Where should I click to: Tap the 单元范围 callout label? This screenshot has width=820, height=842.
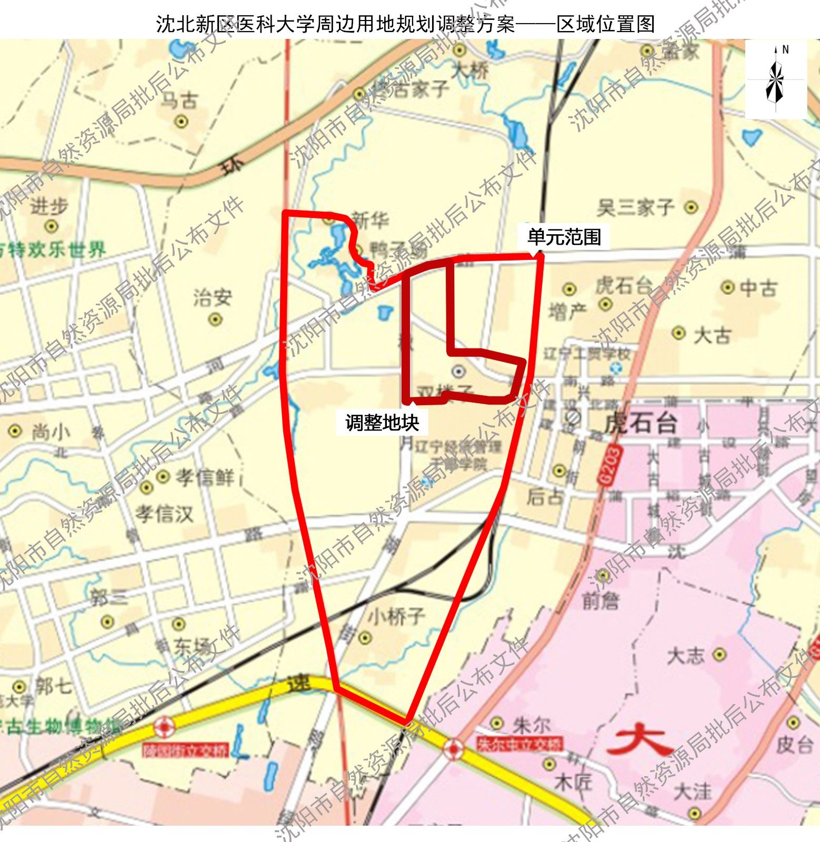[564, 237]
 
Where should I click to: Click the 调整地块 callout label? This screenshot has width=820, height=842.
[382, 422]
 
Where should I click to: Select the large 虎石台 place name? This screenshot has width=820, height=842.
[641, 423]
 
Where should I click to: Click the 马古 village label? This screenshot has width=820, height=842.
[179, 101]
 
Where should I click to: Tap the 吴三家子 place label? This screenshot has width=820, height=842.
[635, 208]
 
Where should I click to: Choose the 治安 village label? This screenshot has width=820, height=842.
[213, 298]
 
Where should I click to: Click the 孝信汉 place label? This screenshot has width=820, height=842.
[165, 513]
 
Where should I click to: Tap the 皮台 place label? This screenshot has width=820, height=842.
[795, 744]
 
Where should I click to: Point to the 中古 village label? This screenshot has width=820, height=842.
[758, 288]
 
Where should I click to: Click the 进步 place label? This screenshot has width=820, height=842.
[49, 207]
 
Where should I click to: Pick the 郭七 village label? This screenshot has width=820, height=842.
[53, 686]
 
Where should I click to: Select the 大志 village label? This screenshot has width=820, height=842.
[686, 656]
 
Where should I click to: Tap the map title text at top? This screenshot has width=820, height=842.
[405, 24]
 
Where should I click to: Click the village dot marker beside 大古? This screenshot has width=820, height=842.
[679, 333]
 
